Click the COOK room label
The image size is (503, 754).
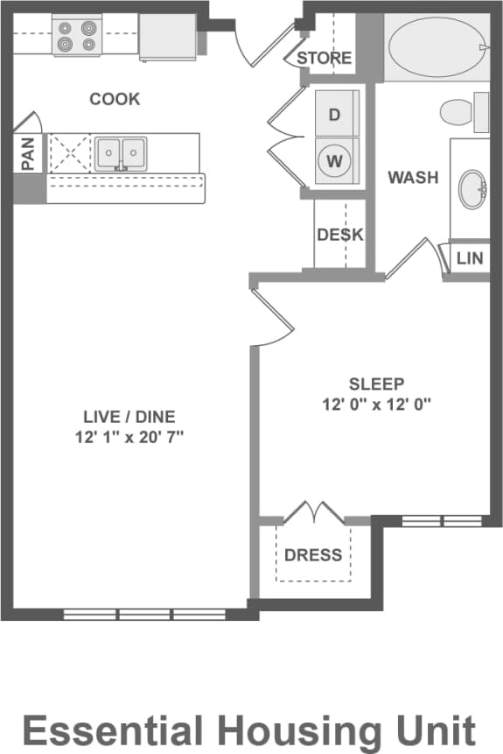(115, 99)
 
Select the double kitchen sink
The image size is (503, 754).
(122, 152)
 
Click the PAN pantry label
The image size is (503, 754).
(28, 153)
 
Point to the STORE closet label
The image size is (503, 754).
(325, 59)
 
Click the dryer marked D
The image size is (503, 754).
(334, 114)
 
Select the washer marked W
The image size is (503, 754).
(334, 161)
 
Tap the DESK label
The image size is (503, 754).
(339, 235)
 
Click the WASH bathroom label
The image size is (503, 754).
(413, 178)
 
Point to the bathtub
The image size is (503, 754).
(435, 49)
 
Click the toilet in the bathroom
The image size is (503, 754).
(462, 113)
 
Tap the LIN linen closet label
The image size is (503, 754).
(470, 258)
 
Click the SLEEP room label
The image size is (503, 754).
(377, 384)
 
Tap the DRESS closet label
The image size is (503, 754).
(313, 555)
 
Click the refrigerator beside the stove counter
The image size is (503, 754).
(167, 36)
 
